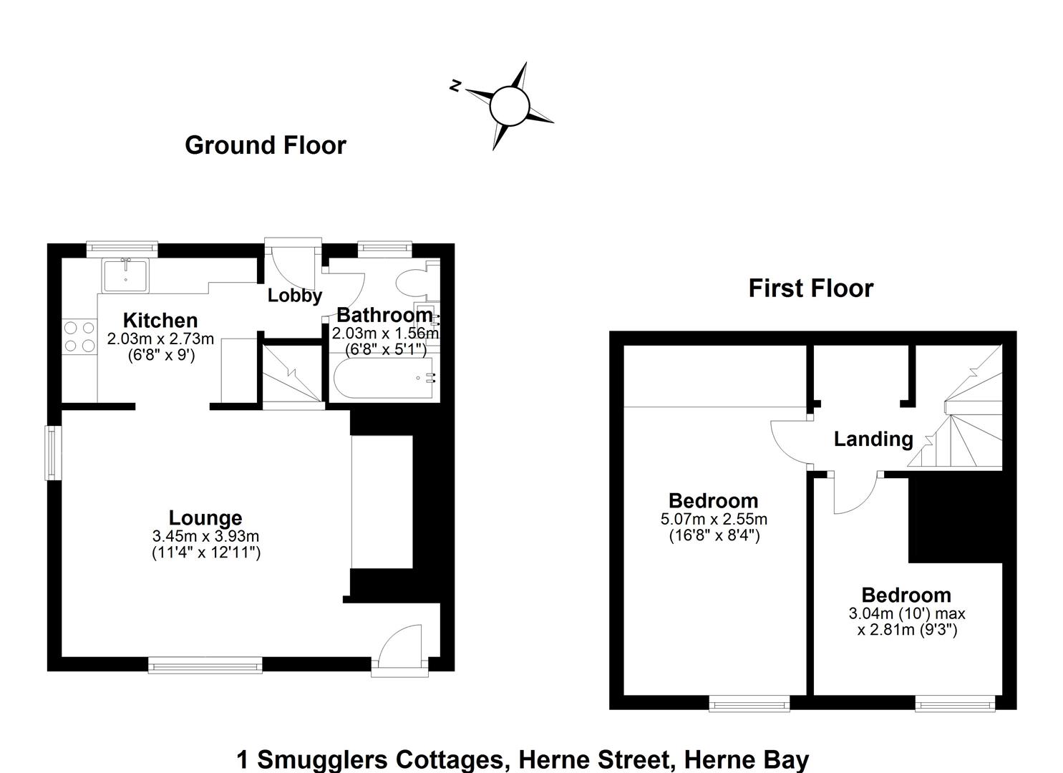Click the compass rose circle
point(509,106)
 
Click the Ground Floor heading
point(265,145)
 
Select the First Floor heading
point(810,288)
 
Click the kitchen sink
point(125,276)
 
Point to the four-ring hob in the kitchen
point(79,336)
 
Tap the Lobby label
point(294,296)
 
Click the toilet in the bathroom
point(412,283)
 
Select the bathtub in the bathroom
point(382,377)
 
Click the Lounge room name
point(205,517)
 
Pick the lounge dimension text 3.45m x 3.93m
point(205,536)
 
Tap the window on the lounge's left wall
point(52,453)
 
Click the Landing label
point(873,439)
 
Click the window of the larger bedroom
point(749,704)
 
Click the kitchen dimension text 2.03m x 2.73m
point(160,339)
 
